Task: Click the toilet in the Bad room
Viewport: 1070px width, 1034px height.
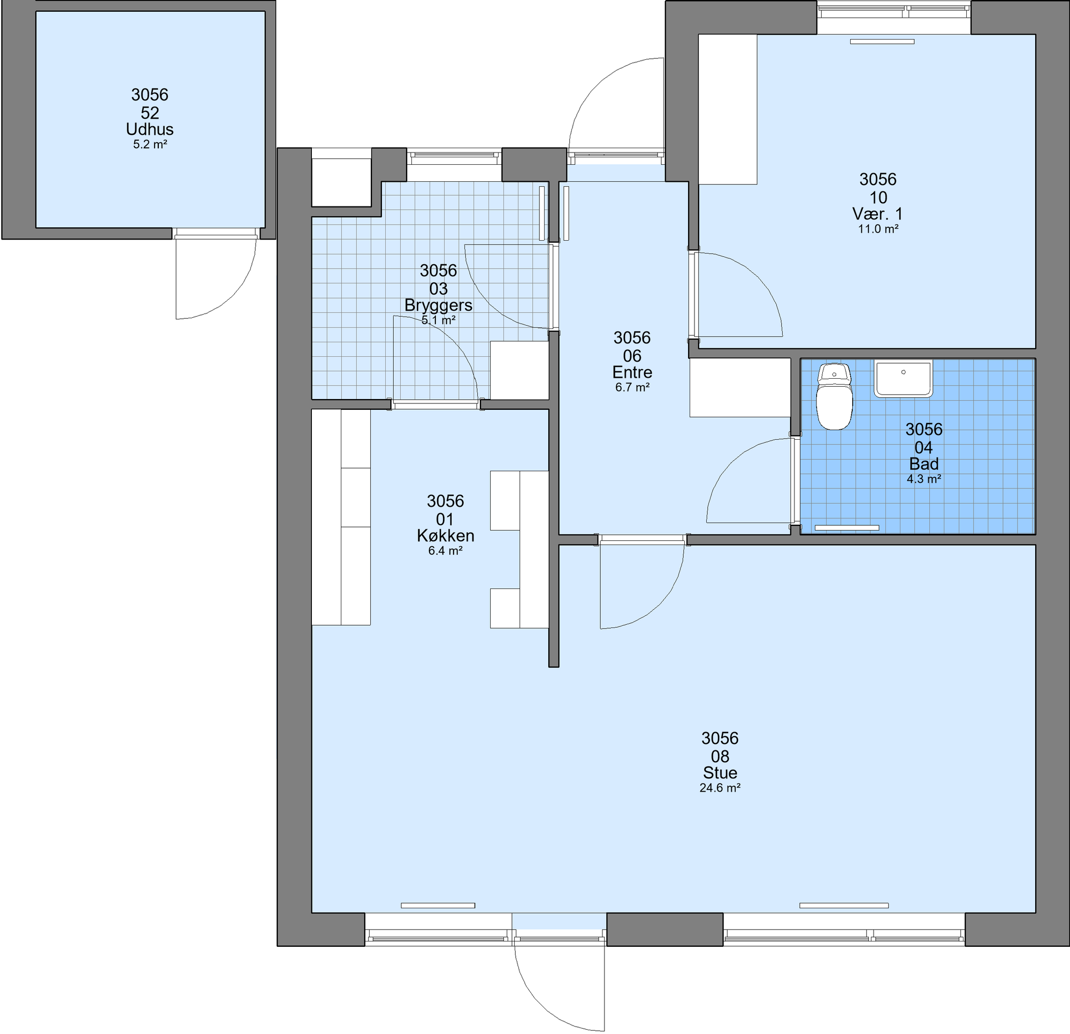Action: click(x=834, y=396)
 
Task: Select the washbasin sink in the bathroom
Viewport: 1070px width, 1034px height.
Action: click(x=904, y=378)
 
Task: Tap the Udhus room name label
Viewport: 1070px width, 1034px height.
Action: click(x=150, y=129)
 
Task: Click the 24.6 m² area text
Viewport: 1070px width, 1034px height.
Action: click(x=720, y=788)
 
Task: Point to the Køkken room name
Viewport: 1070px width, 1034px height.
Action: click(x=446, y=535)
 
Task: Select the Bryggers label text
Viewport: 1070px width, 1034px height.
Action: click(x=438, y=305)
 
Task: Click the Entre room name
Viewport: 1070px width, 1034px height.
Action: click(x=632, y=372)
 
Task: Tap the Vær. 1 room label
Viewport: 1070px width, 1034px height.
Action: click(x=878, y=213)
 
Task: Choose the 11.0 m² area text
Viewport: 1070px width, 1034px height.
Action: click(x=878, y=229)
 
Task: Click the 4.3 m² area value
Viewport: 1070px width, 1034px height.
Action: click(x=924, y=479)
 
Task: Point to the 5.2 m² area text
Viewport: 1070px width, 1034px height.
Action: click(x=150, y=144)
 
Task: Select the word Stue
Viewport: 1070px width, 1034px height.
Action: click(x=720, y=772)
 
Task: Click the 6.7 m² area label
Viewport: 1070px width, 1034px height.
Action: click(x=632, y=388)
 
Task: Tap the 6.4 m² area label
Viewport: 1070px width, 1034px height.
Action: click(x=446, y=551)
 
